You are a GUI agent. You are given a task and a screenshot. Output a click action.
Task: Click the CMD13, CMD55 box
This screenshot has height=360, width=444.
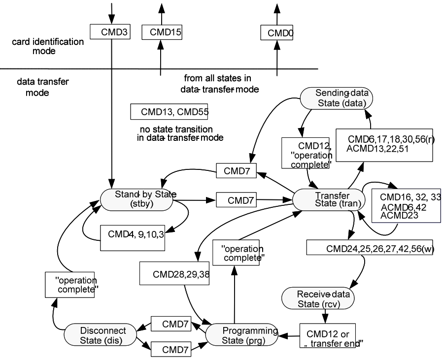point(169,111)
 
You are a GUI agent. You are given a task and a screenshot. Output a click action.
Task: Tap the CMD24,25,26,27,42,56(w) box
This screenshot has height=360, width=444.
point(369,248)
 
